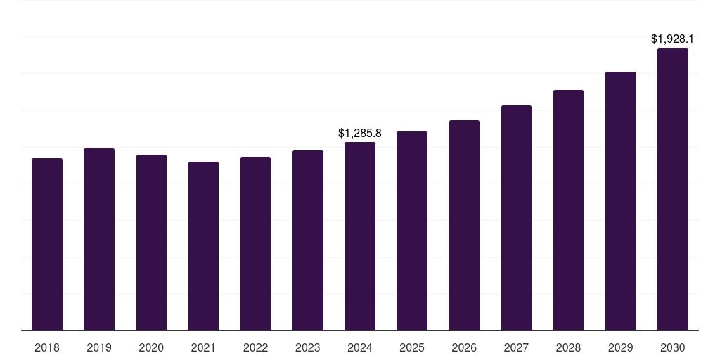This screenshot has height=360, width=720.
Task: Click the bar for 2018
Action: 47,245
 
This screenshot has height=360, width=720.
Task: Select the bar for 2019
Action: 99,240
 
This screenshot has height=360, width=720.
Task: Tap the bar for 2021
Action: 203,246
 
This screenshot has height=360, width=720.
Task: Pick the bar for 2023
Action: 308,240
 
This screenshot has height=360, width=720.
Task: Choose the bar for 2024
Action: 360,236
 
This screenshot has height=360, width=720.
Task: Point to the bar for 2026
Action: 464,226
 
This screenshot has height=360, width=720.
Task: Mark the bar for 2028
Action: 568,210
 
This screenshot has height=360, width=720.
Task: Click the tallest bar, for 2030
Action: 673,189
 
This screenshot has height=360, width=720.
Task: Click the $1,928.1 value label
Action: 672,39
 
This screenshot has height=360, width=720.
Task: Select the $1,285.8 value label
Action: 360,133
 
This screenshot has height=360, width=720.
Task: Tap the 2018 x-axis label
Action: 47,347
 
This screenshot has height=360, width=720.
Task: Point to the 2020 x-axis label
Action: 151,347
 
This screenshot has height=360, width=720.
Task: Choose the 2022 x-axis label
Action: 255,347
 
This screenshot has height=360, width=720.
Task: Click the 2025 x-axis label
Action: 412,347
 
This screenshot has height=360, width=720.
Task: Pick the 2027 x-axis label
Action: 516,347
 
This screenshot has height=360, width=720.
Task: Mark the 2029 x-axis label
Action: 620,347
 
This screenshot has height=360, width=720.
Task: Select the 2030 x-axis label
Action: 673,347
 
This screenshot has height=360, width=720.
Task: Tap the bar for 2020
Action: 151,243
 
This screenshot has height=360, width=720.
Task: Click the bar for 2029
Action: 621,201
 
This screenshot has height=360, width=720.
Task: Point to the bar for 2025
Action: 412,231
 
